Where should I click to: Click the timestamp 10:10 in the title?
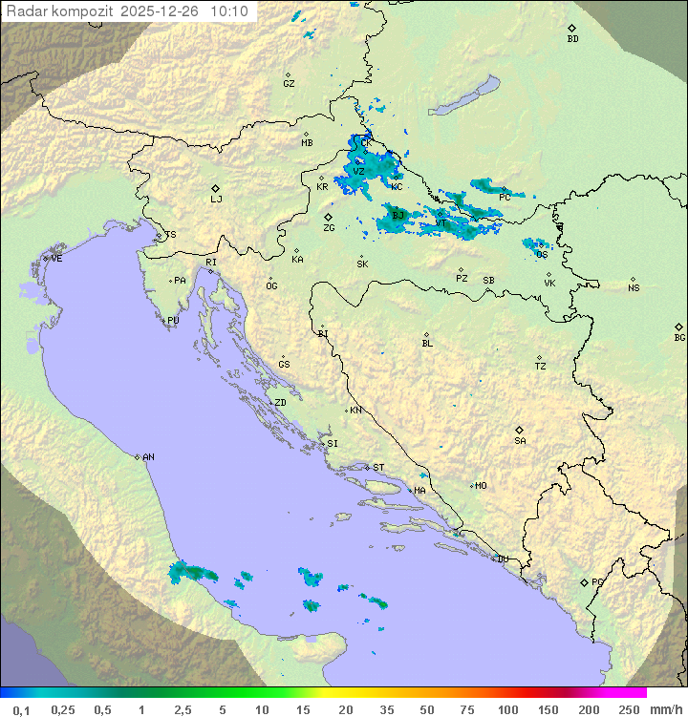(228, 11)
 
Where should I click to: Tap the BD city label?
(572, 39)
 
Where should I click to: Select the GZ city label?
(289, 84)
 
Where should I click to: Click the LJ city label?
(216, 200)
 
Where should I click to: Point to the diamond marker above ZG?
(328, 217)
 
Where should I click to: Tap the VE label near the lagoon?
(56, 259)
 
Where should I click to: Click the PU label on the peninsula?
(173, 321)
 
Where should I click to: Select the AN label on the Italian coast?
(148, 457)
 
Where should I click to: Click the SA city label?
(520, 441)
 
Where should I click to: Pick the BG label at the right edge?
(679, 337)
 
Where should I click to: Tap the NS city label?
(634, 288)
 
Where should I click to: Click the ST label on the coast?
(378, 468)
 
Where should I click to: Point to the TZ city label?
(541, 367)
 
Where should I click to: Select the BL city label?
(427, 344)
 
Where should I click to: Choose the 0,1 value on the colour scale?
(21, 709)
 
